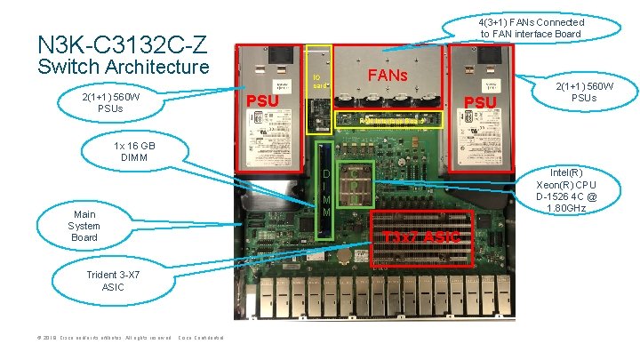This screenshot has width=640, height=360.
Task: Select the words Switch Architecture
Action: [x=123, y=68]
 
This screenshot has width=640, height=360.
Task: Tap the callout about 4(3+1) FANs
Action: [x=531, y=28]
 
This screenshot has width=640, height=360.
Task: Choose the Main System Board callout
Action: [x=85, y=226]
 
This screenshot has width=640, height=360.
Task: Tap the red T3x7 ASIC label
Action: [x=421, y=236]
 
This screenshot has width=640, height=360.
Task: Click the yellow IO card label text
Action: [x=318, y=81]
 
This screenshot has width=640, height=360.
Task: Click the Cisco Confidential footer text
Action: [x=201, y=338]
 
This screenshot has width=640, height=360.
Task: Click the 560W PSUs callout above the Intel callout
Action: [x=585, y=92]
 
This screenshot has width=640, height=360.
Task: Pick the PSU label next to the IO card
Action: [x=262, y=100]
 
